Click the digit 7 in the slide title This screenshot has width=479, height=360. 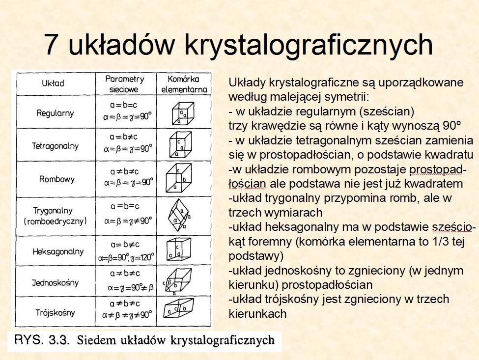click(x=53, y=43)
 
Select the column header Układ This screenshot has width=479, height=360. click(x=53, y=83)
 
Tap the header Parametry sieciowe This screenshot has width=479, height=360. click(x=124, y=84)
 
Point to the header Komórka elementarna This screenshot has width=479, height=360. click(x=184, y=84)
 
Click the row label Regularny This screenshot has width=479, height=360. click(x=55, y=113)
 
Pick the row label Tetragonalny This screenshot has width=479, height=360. click(x=56, y=146)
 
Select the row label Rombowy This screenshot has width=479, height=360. click(x=57, y=179)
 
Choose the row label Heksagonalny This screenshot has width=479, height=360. click(x=58, y=251)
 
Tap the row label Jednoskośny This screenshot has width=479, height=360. click(x=56, y=283)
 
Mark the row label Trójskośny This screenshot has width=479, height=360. click(x=55, y=312)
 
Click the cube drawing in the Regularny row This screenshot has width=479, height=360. click(x=183, y=113)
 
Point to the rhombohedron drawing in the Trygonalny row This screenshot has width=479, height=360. click(x=179, y=215)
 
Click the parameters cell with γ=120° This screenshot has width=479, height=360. click(x=126, y=251)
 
